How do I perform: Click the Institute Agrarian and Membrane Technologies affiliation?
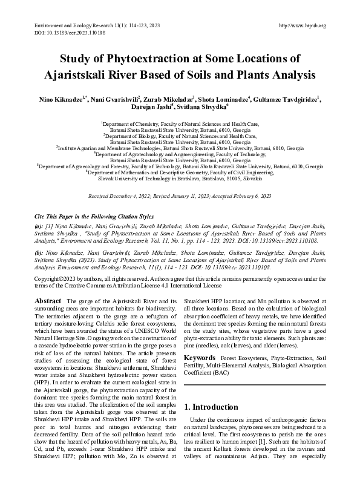180,148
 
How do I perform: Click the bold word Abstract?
48,301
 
